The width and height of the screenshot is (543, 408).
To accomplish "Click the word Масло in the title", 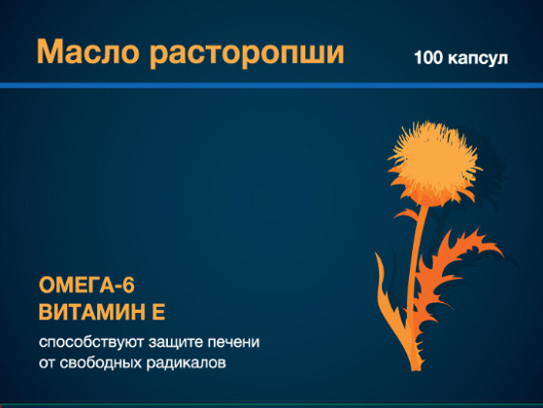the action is click(x=88, y=51).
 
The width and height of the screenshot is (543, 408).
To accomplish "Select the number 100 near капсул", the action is click(x=428, y=57).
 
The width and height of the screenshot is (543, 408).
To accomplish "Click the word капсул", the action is click(x=478, y=59).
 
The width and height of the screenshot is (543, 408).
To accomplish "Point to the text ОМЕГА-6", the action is click(x=86, y=285).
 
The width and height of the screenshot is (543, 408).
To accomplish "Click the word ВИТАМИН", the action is click(x=91, y=312).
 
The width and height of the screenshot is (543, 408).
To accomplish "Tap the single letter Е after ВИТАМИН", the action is click(x=158, y=312).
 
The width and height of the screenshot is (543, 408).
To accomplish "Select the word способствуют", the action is click(x=90, y=342).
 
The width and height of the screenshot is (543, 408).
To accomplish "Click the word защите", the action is click(x=176, y=343).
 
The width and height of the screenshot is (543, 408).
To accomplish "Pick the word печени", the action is click(x=234, y=342).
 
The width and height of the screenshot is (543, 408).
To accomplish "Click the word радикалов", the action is click(x=186, y=363).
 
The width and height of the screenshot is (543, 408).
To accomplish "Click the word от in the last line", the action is click(x=47, y=363).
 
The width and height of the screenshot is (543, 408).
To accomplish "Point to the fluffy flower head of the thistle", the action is click(x=434, y=162).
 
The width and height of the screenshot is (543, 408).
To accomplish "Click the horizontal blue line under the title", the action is click(x=272, y=85).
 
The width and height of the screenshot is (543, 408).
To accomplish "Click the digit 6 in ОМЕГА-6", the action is click(x=129, y=286).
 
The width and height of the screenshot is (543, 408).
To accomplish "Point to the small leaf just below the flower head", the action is click(x=407, y=215).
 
